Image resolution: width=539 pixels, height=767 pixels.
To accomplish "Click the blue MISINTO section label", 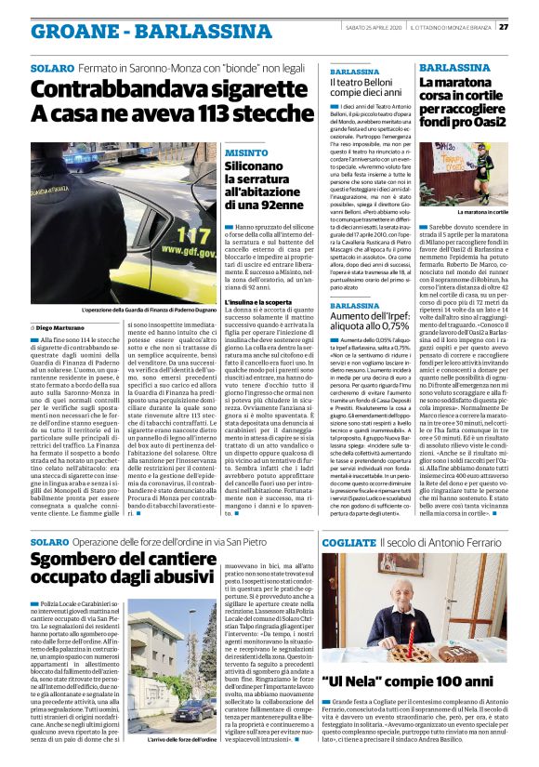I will (x=220, y=151).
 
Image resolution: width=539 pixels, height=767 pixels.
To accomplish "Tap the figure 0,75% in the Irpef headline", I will (x=387, y=328).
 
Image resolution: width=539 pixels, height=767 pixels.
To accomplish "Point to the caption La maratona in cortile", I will (x=478, y=212).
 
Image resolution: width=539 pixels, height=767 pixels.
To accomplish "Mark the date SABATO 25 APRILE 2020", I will (x=363, y=26).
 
